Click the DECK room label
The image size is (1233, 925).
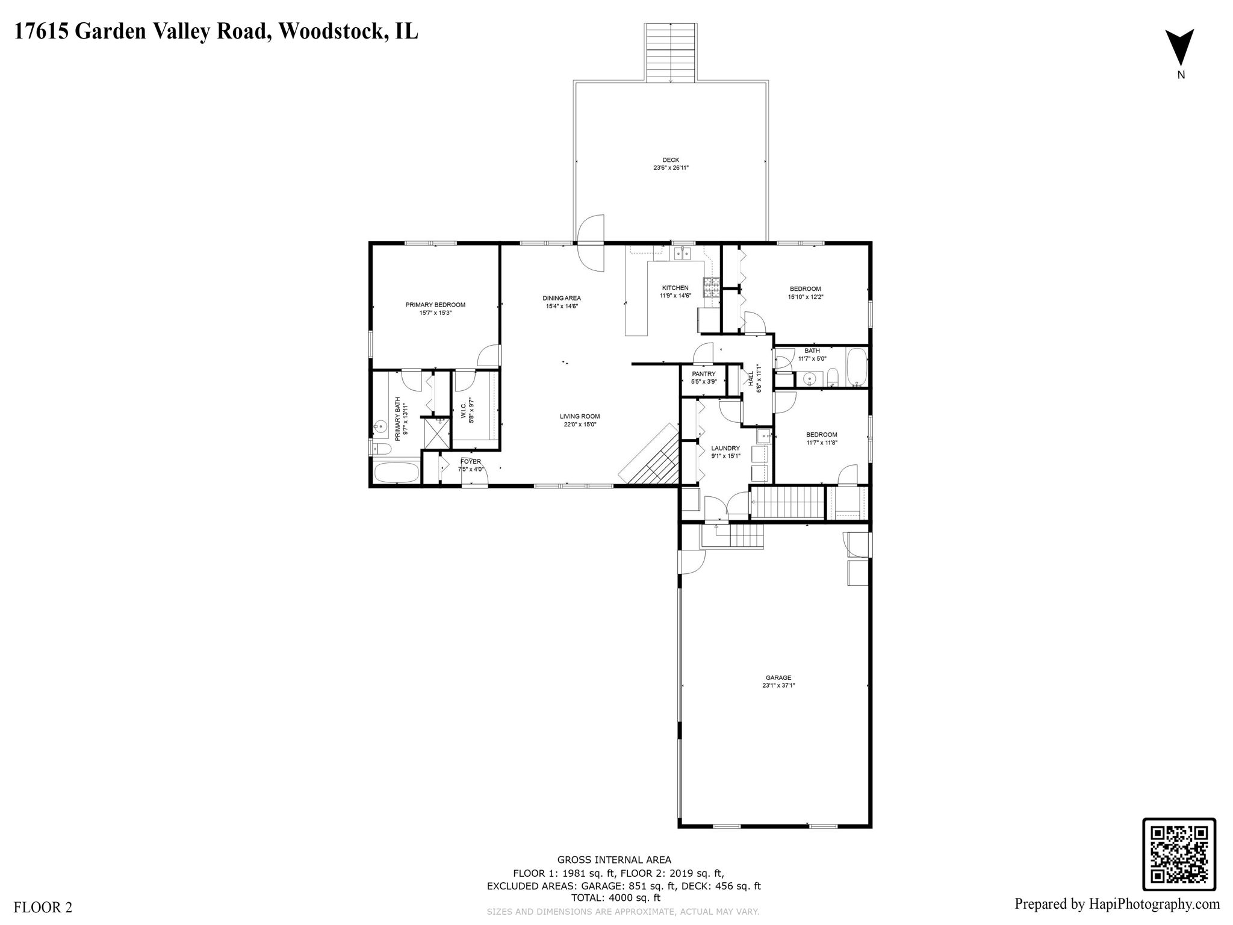[671, 160]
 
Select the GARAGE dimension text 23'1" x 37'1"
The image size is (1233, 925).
[778, 685]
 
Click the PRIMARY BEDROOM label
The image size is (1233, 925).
[435, 305]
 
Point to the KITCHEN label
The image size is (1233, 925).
[675, 288]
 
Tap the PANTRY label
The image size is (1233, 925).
[703, 374]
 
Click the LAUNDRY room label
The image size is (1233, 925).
[725, 448]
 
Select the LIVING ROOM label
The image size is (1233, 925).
[579, 416]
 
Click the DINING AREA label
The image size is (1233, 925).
[561, 298]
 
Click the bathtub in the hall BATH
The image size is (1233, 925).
[857, 367]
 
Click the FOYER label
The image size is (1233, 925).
[471, 461]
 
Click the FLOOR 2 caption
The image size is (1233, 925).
[43, 908]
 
